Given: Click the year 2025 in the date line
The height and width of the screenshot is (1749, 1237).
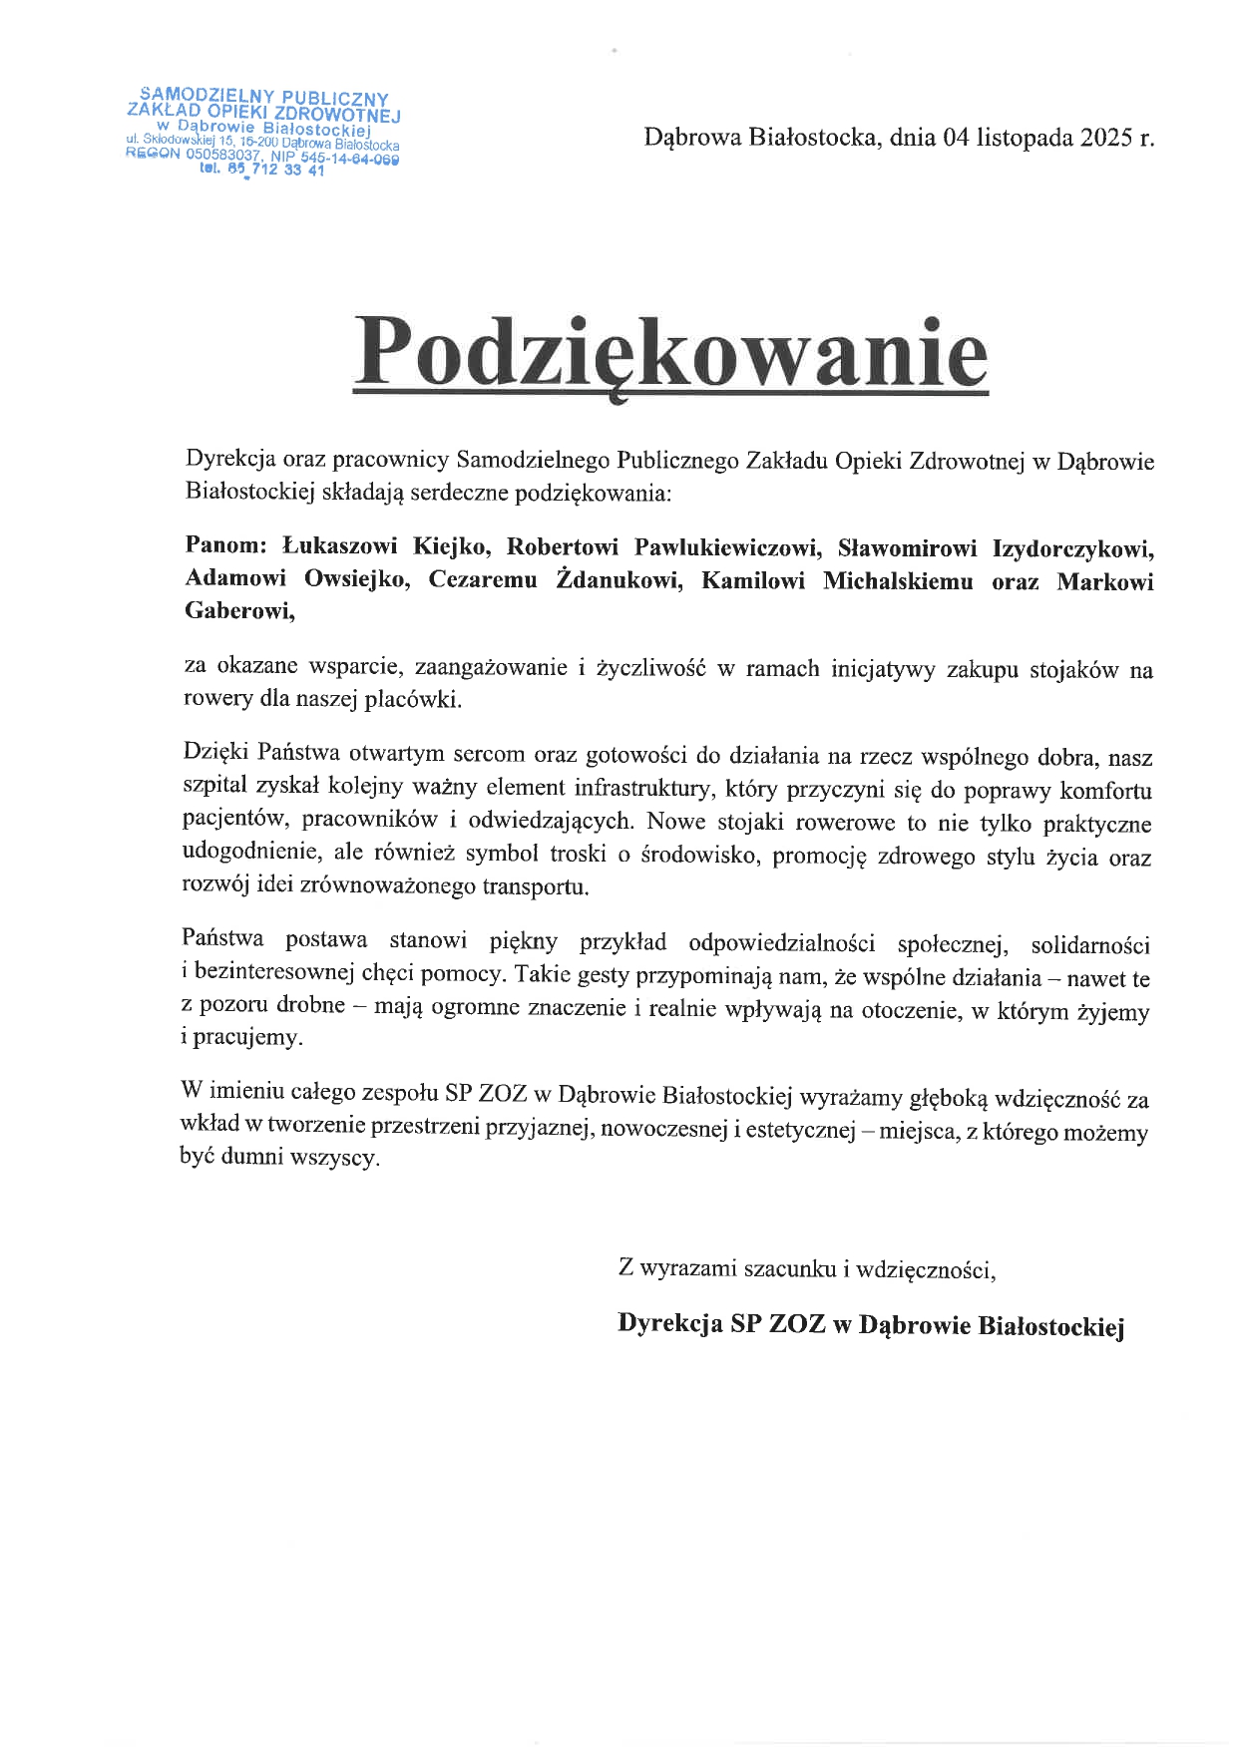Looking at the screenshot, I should coord(1104,138).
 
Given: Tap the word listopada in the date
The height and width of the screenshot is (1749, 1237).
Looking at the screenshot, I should coord(1024,138).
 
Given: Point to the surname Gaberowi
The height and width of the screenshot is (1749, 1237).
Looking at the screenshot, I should coord(239,611).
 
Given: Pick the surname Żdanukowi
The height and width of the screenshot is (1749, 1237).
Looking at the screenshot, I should coord(618,580).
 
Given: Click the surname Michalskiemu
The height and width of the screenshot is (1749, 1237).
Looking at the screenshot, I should coord(897,581).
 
